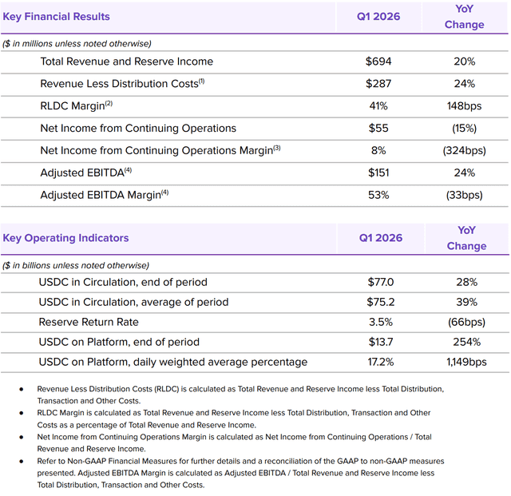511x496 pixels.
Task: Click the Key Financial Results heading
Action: coord(56,17)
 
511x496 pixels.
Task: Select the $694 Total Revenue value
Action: coord(378,62)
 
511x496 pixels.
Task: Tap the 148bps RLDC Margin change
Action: coord(464,106)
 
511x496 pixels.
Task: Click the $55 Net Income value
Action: coord(378,128)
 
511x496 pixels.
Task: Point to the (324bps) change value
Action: coord(464,150)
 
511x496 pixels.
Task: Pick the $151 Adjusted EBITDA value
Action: coord(378,173)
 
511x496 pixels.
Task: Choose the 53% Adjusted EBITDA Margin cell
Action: coord(378,195)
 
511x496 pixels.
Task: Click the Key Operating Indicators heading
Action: coord(65,238)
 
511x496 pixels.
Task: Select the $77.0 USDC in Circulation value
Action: coord(381,282)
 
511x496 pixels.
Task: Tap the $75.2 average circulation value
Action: coord(381,302)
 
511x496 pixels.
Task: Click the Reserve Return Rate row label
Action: coord(89,322)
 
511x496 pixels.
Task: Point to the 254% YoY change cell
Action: coord(466,342)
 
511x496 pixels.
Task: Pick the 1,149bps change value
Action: coord(466,362)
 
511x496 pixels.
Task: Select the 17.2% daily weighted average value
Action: coord(381,362)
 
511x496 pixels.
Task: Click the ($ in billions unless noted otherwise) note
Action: coord(76,265)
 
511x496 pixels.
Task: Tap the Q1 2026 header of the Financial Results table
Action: coord(378,17)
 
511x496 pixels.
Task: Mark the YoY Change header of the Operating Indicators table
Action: coord(466,238)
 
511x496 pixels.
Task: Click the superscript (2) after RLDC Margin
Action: coord(109,103)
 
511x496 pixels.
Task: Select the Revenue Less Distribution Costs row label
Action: coord(119,84)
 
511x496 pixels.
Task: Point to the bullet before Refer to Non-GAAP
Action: coord(22,461)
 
